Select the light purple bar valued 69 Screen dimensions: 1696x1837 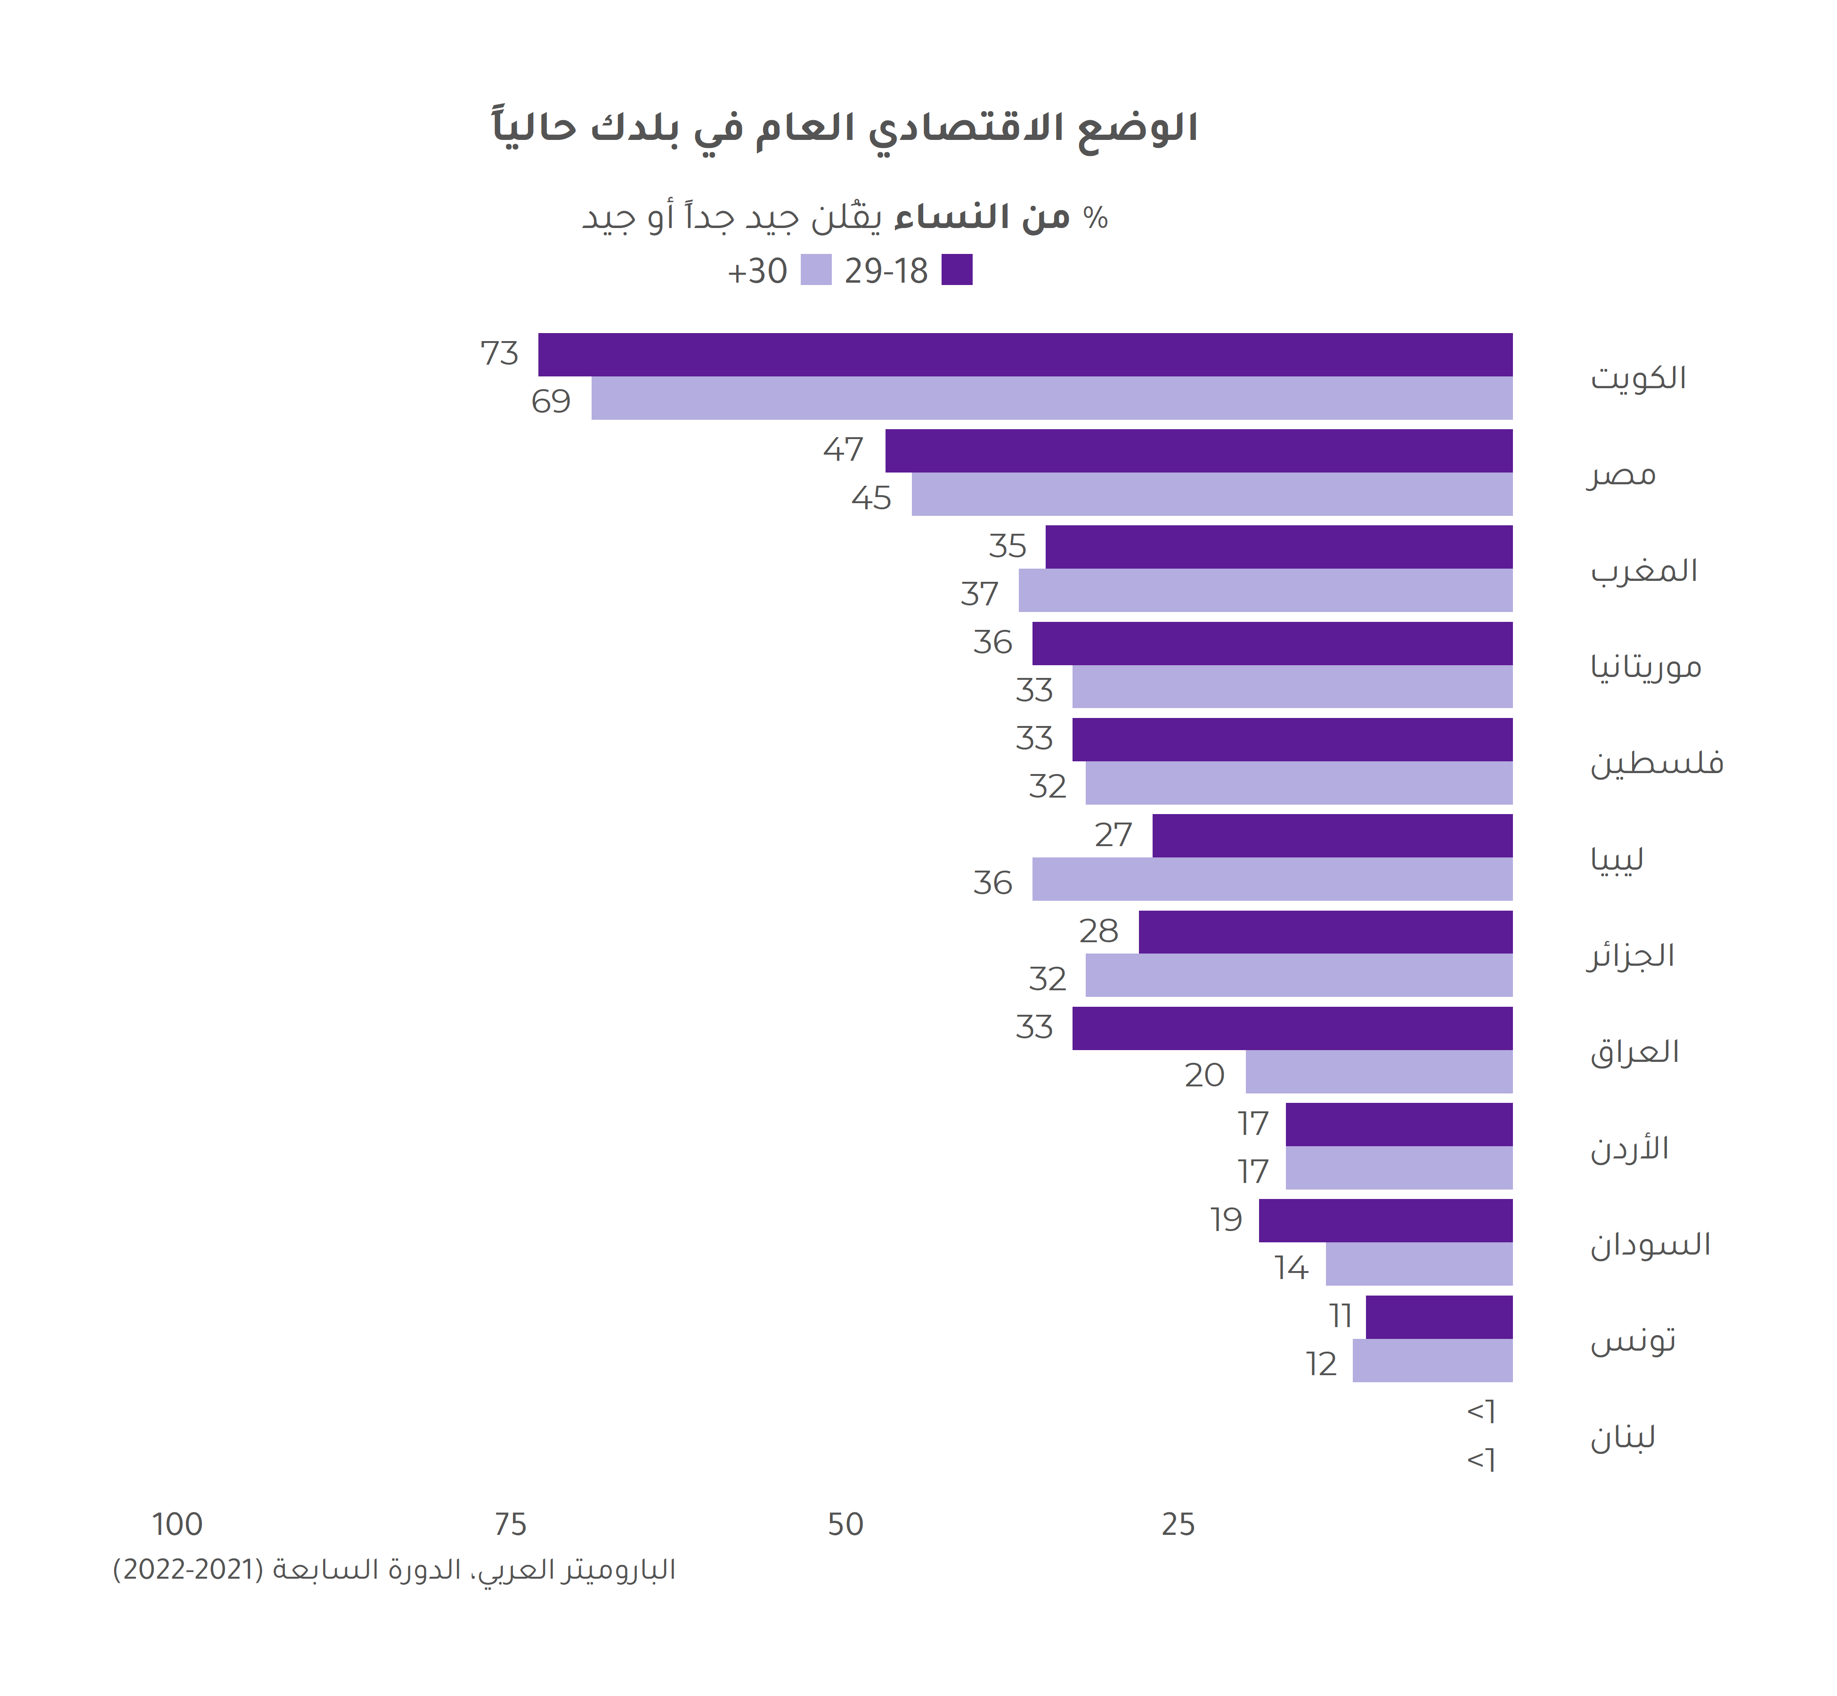(x=1051, y=398)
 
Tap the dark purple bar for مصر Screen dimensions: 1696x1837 (x=1198, y=450)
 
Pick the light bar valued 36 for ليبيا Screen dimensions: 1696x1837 (x=1272, y=879)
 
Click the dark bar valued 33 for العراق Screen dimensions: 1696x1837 (x=1292, y=1028)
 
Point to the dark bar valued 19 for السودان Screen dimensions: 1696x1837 (x=1386, y=1221)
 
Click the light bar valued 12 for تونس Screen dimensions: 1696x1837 (x=1432, y=1360)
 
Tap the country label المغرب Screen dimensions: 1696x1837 (x=1643, y=571)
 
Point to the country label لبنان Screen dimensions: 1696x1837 (x=1622, y=1437)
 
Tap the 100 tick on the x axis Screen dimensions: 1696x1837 (x=177, y=1525)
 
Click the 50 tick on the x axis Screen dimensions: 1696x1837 (x=845, y=1525)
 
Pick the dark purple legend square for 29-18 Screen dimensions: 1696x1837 (x=957, y=270)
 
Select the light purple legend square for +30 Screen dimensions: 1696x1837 (x=816, y=270)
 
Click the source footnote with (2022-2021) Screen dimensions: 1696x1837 (x=395, y=1570)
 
